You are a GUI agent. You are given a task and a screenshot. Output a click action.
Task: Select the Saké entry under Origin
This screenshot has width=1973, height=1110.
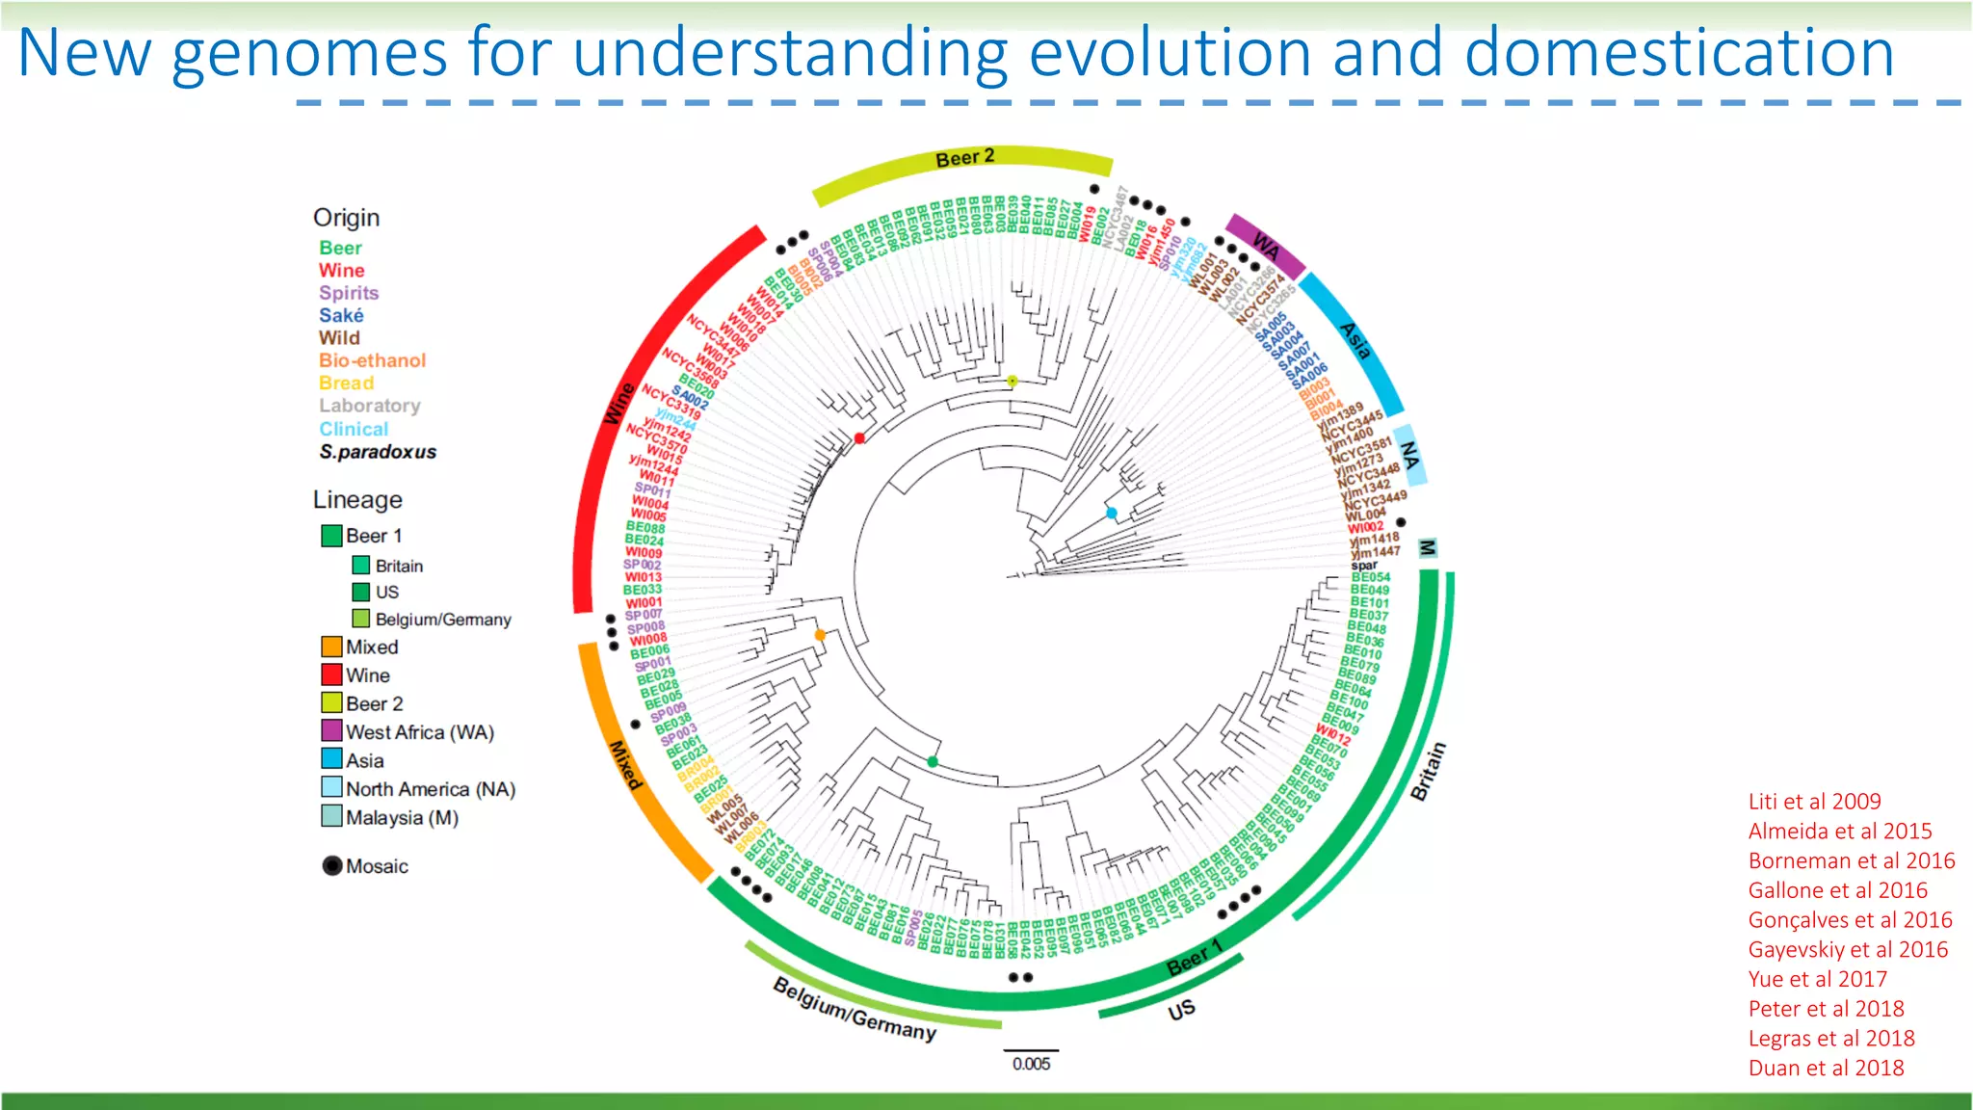pyautogui.click(x=341, y=315)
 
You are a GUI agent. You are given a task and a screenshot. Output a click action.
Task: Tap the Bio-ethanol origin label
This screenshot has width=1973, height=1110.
pyautogui.click(x=372, y=360)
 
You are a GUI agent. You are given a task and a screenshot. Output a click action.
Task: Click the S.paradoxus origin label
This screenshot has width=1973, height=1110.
pyautogui.click(x=378, y=452)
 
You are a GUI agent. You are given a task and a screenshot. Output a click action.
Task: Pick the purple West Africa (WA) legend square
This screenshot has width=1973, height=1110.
pyautogui.click(x=331, y=730)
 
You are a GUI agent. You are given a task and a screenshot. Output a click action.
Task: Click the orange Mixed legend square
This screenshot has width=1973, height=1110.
pyautogui.click(x=331, y=647)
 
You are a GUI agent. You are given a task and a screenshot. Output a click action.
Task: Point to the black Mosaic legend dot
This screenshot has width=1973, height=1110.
pyautogui.click(x=332, y=865)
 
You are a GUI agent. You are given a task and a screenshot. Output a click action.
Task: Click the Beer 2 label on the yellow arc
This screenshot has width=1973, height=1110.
pyautogui.click(x=964, y=158)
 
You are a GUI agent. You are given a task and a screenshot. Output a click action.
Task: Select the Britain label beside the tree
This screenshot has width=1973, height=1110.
pyautogui.click(x=1428, y=771)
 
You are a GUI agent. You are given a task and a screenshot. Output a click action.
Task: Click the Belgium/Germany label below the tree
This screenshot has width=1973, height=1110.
pyautogui.click(x=855, y=1009)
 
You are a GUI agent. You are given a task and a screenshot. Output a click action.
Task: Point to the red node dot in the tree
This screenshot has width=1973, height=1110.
pyautogui.click(x=859, y=438)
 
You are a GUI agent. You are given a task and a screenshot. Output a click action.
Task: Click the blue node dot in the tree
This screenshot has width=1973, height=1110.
pyautogui.click(x=1112, y=514)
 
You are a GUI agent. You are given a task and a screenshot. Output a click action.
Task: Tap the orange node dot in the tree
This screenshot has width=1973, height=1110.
pyautogui.click(x=820, y=635)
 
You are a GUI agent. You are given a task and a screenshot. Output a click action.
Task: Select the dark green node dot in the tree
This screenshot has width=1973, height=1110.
pyautogui.click(x=933, y=762)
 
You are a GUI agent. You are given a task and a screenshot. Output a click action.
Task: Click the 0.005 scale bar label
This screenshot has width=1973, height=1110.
pyautogui.click(x=1031, y=1064)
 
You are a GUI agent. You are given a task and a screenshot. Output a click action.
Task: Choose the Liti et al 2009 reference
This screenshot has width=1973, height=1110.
pyautogui.click(x=1814, y=801)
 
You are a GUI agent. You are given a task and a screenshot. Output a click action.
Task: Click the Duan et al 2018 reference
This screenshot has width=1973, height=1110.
pyautogui.click(x=1826, y=1068)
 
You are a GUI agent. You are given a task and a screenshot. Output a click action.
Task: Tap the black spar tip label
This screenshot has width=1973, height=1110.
pyautogui.click(x=1364, y=566)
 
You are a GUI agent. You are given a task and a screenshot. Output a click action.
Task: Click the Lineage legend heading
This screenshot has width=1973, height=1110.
pyautogui.click(x=357, y=500)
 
